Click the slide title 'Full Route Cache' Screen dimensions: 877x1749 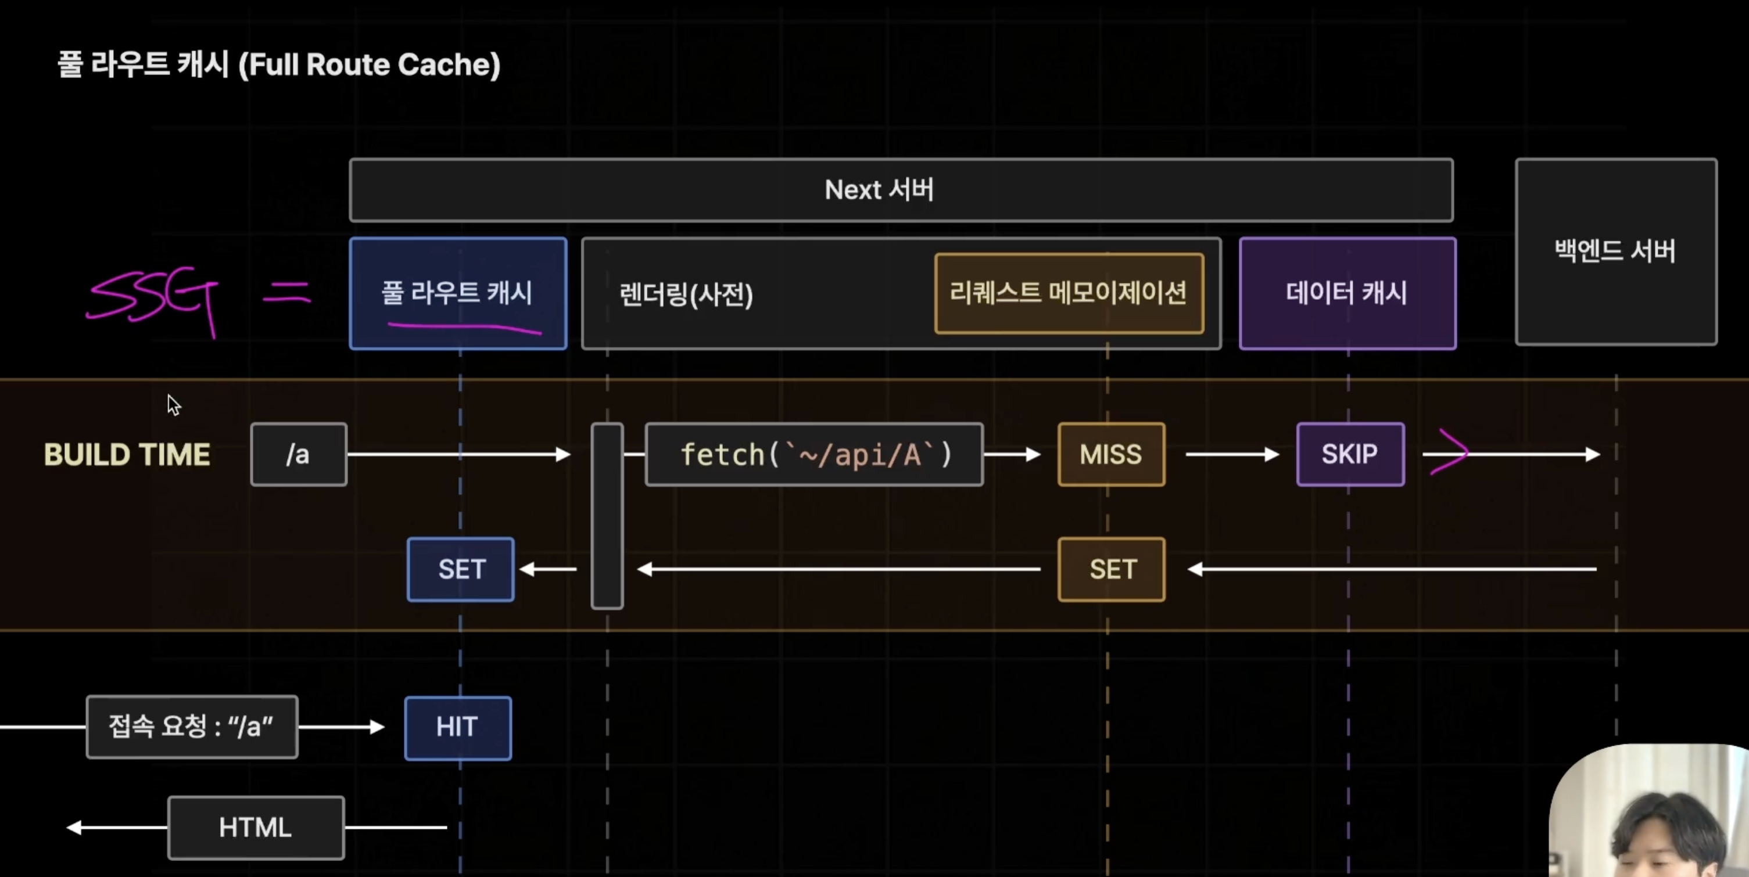click(x=279, y=64)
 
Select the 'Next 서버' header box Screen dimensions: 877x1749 click(x=901, y=190)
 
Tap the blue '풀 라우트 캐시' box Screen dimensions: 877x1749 click(x=458, y=293)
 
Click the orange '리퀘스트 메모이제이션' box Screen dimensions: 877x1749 click(x=1069, y=293)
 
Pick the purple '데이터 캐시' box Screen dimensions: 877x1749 click(x=1347, y=293)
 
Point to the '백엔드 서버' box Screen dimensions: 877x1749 click(x=1615, y=251)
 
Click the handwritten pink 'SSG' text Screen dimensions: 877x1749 click(x=153, y=299)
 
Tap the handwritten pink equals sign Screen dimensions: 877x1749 click(x=286, y=293)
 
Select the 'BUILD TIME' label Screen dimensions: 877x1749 click(x=127, y=455)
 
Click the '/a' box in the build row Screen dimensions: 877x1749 click(x=299, y=454)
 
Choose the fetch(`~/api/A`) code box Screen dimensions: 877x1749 click(x=814, y=454)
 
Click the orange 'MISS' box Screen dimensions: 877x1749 click(x=1111, y=454)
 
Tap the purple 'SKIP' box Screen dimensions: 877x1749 click(x=1350, y=454)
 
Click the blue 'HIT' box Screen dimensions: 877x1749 click(x=458, y=728)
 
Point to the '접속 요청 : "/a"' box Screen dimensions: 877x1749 click(x=192, y=727)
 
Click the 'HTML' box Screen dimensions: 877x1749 click(x=256, y=828)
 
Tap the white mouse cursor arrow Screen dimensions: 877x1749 click(x=173, y=405)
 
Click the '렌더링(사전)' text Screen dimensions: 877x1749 click(x=686, y=294)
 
